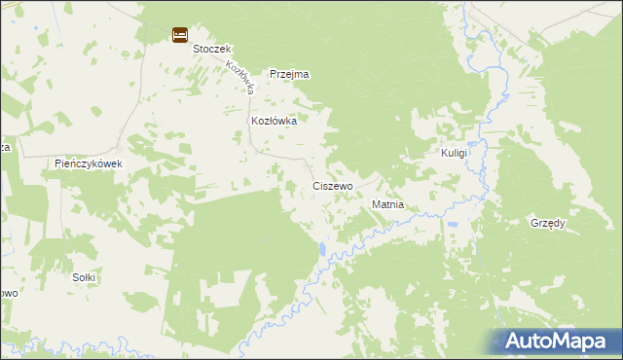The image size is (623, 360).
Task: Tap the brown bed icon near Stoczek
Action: [x=180, y=35]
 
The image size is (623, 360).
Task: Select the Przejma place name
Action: [x=289, y=74]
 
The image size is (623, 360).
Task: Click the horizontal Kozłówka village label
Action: [x=274, y=121]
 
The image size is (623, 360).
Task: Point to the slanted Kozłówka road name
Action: [x=239, y=78]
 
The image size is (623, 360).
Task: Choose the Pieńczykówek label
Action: [x=89, y=163]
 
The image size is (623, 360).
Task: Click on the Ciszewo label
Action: [x=333, y=185]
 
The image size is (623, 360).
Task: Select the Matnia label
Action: [x=387, y=206]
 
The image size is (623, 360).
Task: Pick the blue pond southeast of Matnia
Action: [x=452, y=228]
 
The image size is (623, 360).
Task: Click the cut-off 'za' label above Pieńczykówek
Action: [x=5, y=147]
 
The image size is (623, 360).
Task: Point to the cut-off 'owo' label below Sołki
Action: [x=8, y=293]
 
